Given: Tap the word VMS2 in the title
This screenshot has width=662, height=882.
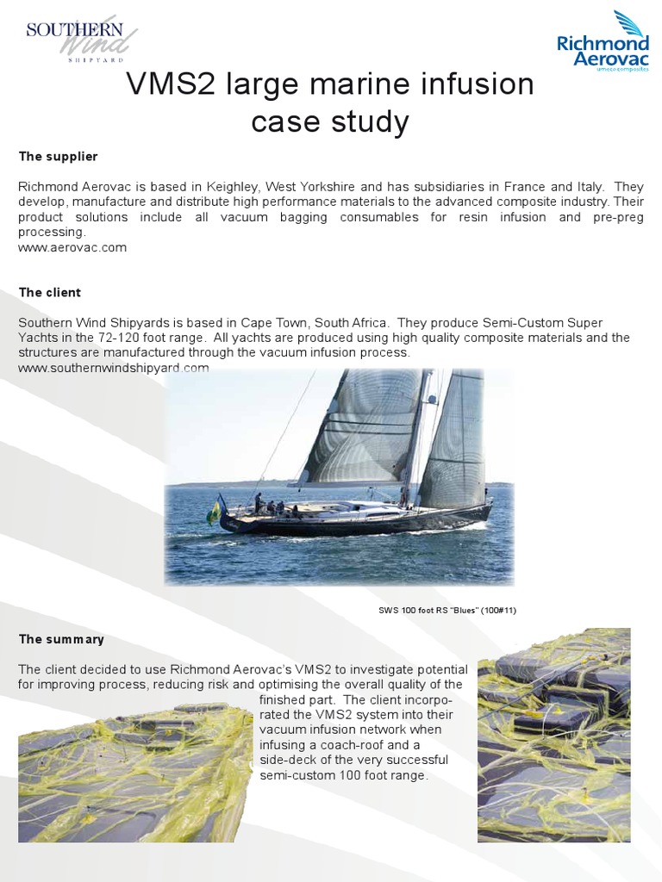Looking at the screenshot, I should click(172, 85).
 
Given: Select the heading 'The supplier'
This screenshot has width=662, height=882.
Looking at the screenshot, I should click(59, 157).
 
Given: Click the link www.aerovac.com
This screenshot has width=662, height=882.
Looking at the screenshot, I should click(72, 247).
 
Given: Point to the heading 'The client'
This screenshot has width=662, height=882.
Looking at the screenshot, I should click(50, 293).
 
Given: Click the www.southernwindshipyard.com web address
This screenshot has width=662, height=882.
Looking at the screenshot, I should click(114, 368).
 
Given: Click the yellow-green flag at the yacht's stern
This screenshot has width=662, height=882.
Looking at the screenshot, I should click(214, 512).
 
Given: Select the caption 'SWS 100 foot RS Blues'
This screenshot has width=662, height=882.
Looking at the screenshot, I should click(447, 611).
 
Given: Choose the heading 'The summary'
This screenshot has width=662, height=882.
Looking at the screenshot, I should click(61, 639).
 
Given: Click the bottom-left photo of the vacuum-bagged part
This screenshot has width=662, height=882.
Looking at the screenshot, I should click(134, 772).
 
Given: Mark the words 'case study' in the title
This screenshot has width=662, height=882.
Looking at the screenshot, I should click(330, 122).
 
